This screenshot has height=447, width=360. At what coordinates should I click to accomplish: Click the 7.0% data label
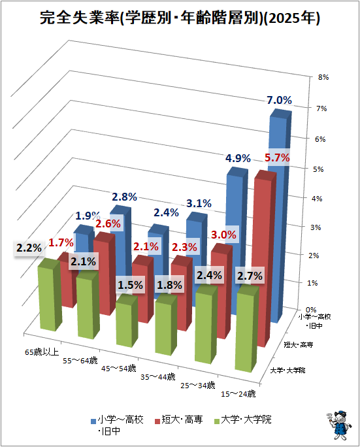[x=279, y=101]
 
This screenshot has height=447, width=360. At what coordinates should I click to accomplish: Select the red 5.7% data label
[x=277, y=157]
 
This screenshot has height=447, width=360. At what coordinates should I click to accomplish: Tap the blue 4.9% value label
[x=238, y=158]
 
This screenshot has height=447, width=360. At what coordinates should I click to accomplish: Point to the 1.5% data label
[x=130, y=285]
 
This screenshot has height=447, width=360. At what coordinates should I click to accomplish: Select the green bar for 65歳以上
[x=49, y=295]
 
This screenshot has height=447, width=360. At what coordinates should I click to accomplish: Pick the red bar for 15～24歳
[x=265, y=259]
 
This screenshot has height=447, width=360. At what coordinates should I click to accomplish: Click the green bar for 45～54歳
[x=127, y=321]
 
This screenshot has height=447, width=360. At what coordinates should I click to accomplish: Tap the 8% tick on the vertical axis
[x=323, y=77]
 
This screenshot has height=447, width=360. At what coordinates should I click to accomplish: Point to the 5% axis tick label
[x=318, y=169]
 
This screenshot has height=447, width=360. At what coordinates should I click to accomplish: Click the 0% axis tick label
[x=311, y=310]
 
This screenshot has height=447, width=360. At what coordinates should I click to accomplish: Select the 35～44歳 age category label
[x=158, y=377]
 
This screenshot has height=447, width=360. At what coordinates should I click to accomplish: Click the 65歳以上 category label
[x=42, y=352]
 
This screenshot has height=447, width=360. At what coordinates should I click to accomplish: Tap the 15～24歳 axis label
[x=238, y=394]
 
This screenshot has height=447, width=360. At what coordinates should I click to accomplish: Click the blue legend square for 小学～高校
[x=93, y=421]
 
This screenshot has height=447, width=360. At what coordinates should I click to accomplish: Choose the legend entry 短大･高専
[x=178, y=420]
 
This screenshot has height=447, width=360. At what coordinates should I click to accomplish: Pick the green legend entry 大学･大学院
[x=243, y=420]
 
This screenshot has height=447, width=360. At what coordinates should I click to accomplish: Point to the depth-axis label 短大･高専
[x=299, y=345]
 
